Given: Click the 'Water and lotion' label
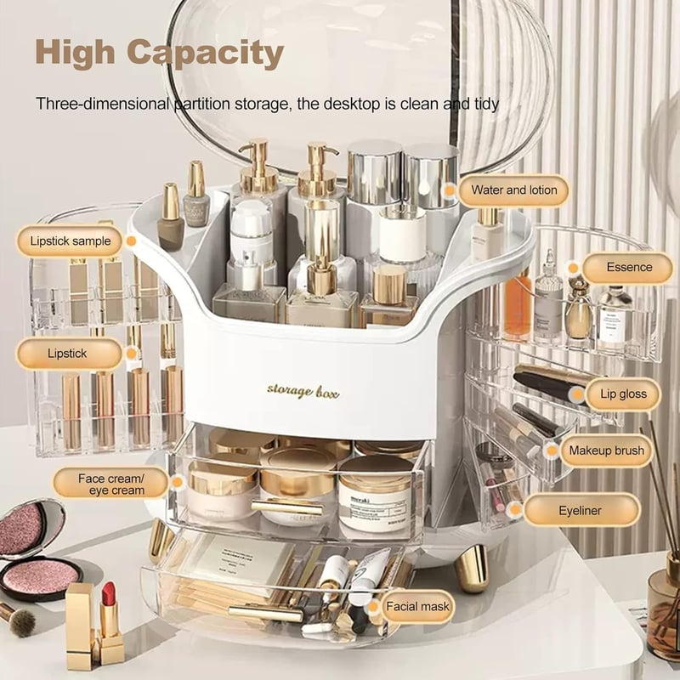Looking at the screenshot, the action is click(x=514, y=190).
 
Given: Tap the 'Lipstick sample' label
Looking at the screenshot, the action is click(x=70, y=241).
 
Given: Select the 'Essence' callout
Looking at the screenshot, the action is click(x=629, y=267).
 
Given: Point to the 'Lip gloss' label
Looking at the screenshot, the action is click(x=623, y=394).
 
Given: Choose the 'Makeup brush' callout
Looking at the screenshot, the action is click(x=606, y=450).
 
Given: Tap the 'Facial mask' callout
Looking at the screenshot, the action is click(x=417, y=606).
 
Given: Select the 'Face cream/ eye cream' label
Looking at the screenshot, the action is click(x=111, y=484).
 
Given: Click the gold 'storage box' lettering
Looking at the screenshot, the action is click(x=303, y=391).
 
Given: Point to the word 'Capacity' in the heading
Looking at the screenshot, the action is click(x=205, y=53).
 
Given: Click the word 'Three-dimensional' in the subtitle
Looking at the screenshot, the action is click(x=103, y=104).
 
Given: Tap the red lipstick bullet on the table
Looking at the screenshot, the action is click(x=109, y=594).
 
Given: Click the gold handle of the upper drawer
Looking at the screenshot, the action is click(x=287, y=507).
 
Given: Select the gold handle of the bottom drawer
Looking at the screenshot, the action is click(x=265, y=613).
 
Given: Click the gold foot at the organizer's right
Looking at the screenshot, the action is click(x=472, y=569).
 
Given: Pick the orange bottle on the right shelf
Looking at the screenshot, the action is click(x=518, y=306).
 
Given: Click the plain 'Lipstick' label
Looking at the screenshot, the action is click(x=67, y=354).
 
